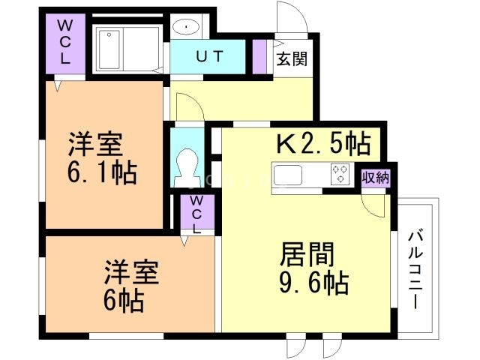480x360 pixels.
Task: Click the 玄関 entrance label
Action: pos(292,58)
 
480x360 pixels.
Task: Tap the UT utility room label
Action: pos(209,57)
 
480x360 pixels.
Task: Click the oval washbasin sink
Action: pos(186,27)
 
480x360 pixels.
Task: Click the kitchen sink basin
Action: pos(288,175)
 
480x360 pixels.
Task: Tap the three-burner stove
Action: pos(340,174)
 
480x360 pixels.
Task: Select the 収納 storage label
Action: pos(375,177)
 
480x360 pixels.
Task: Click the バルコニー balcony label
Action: pos(415,270)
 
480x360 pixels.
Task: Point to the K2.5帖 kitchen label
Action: pos(323,143)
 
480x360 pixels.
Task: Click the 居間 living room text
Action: pos(307,254)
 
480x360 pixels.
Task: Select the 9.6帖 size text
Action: pos(313,283)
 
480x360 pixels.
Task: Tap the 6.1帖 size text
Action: pos(102,173)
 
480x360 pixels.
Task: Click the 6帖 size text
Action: pos(123,300)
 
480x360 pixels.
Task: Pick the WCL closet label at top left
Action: pos(65,42)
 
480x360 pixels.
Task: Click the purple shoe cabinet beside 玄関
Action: pos(259,57)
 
